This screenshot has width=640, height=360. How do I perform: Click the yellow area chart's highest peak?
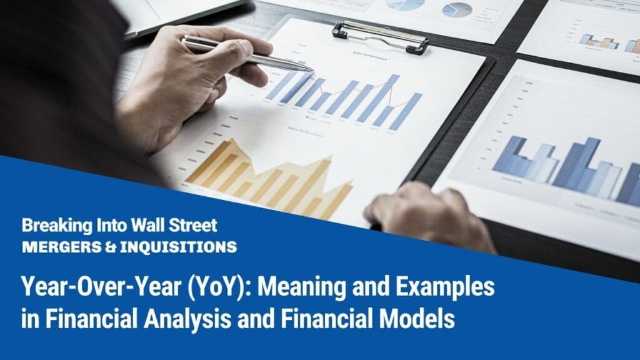click(x=232, y=143)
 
